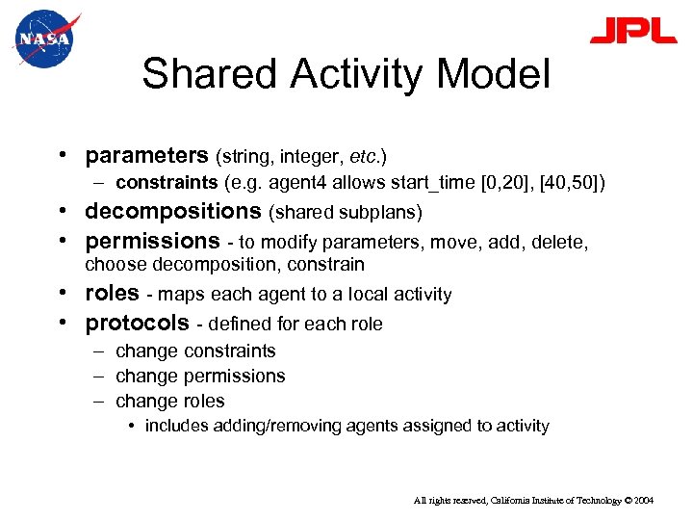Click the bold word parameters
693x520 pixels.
147,155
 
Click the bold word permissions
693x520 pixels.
153,240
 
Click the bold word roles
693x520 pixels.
113,294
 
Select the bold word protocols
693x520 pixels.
138,323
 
